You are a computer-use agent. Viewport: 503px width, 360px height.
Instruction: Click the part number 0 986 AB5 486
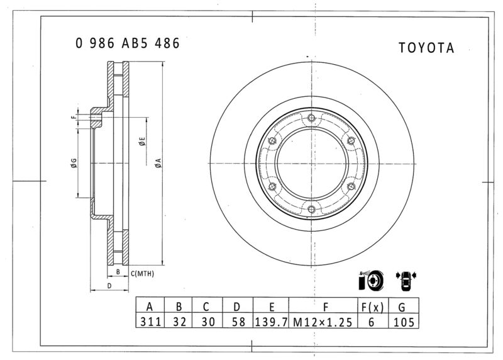point(128,43)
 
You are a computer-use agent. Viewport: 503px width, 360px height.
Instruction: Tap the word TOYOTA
point(426,48)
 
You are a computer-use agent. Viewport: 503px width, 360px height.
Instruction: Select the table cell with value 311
point(150,322)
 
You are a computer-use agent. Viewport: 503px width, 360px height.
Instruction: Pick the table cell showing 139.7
point(271,322)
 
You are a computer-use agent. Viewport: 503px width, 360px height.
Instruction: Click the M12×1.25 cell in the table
point(323,322)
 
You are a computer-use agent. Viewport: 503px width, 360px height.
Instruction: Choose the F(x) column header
point(372,306)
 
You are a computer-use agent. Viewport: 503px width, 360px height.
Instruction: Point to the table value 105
point(404,322)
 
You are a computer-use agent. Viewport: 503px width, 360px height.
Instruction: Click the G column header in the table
point(402,306)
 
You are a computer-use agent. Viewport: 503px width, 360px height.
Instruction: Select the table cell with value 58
point(238,322)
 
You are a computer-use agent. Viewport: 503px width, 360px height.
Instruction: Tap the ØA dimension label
point(158,163)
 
